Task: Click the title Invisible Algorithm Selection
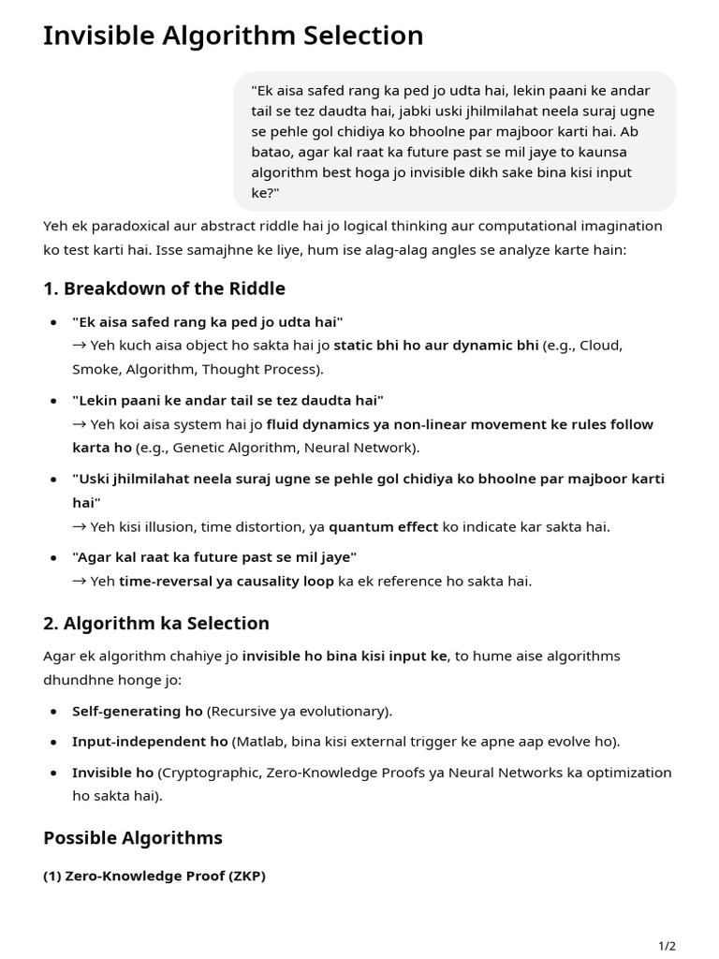click(x=233, y=36)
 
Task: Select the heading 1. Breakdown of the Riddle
click(x=164, y=288)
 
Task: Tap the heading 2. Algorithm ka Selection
click(x=156, y=623)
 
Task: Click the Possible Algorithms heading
click(x=133, y=837)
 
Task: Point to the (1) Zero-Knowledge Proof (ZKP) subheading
click(x=154, y=877)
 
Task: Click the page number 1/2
click(x=667, y=946)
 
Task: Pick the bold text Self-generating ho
click(x=137, y=711)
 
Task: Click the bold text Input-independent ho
click(x=150, y=742)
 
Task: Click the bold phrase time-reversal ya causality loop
click(x=226, y=581)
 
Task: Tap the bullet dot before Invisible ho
click(x=52, y=774)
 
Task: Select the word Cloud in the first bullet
click(x=600, y=345)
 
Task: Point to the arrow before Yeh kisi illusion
click(x=80, y=526)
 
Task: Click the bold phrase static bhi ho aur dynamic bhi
click(x=435, y=345)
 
